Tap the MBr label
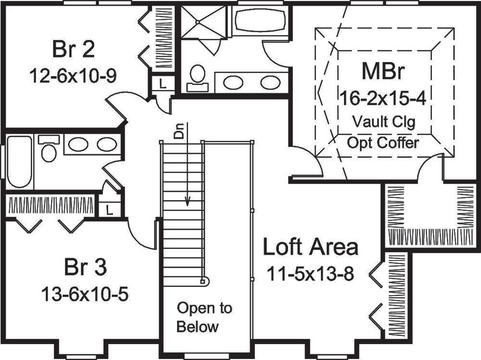coord(383,73)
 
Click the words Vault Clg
coord(383,121)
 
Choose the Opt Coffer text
coord(383,143)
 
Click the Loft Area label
coord(311,248)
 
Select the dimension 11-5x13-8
coord(311,274)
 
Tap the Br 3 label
coord(86,267)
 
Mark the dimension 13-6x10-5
coord(86,293)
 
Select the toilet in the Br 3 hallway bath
coord(48,149)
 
